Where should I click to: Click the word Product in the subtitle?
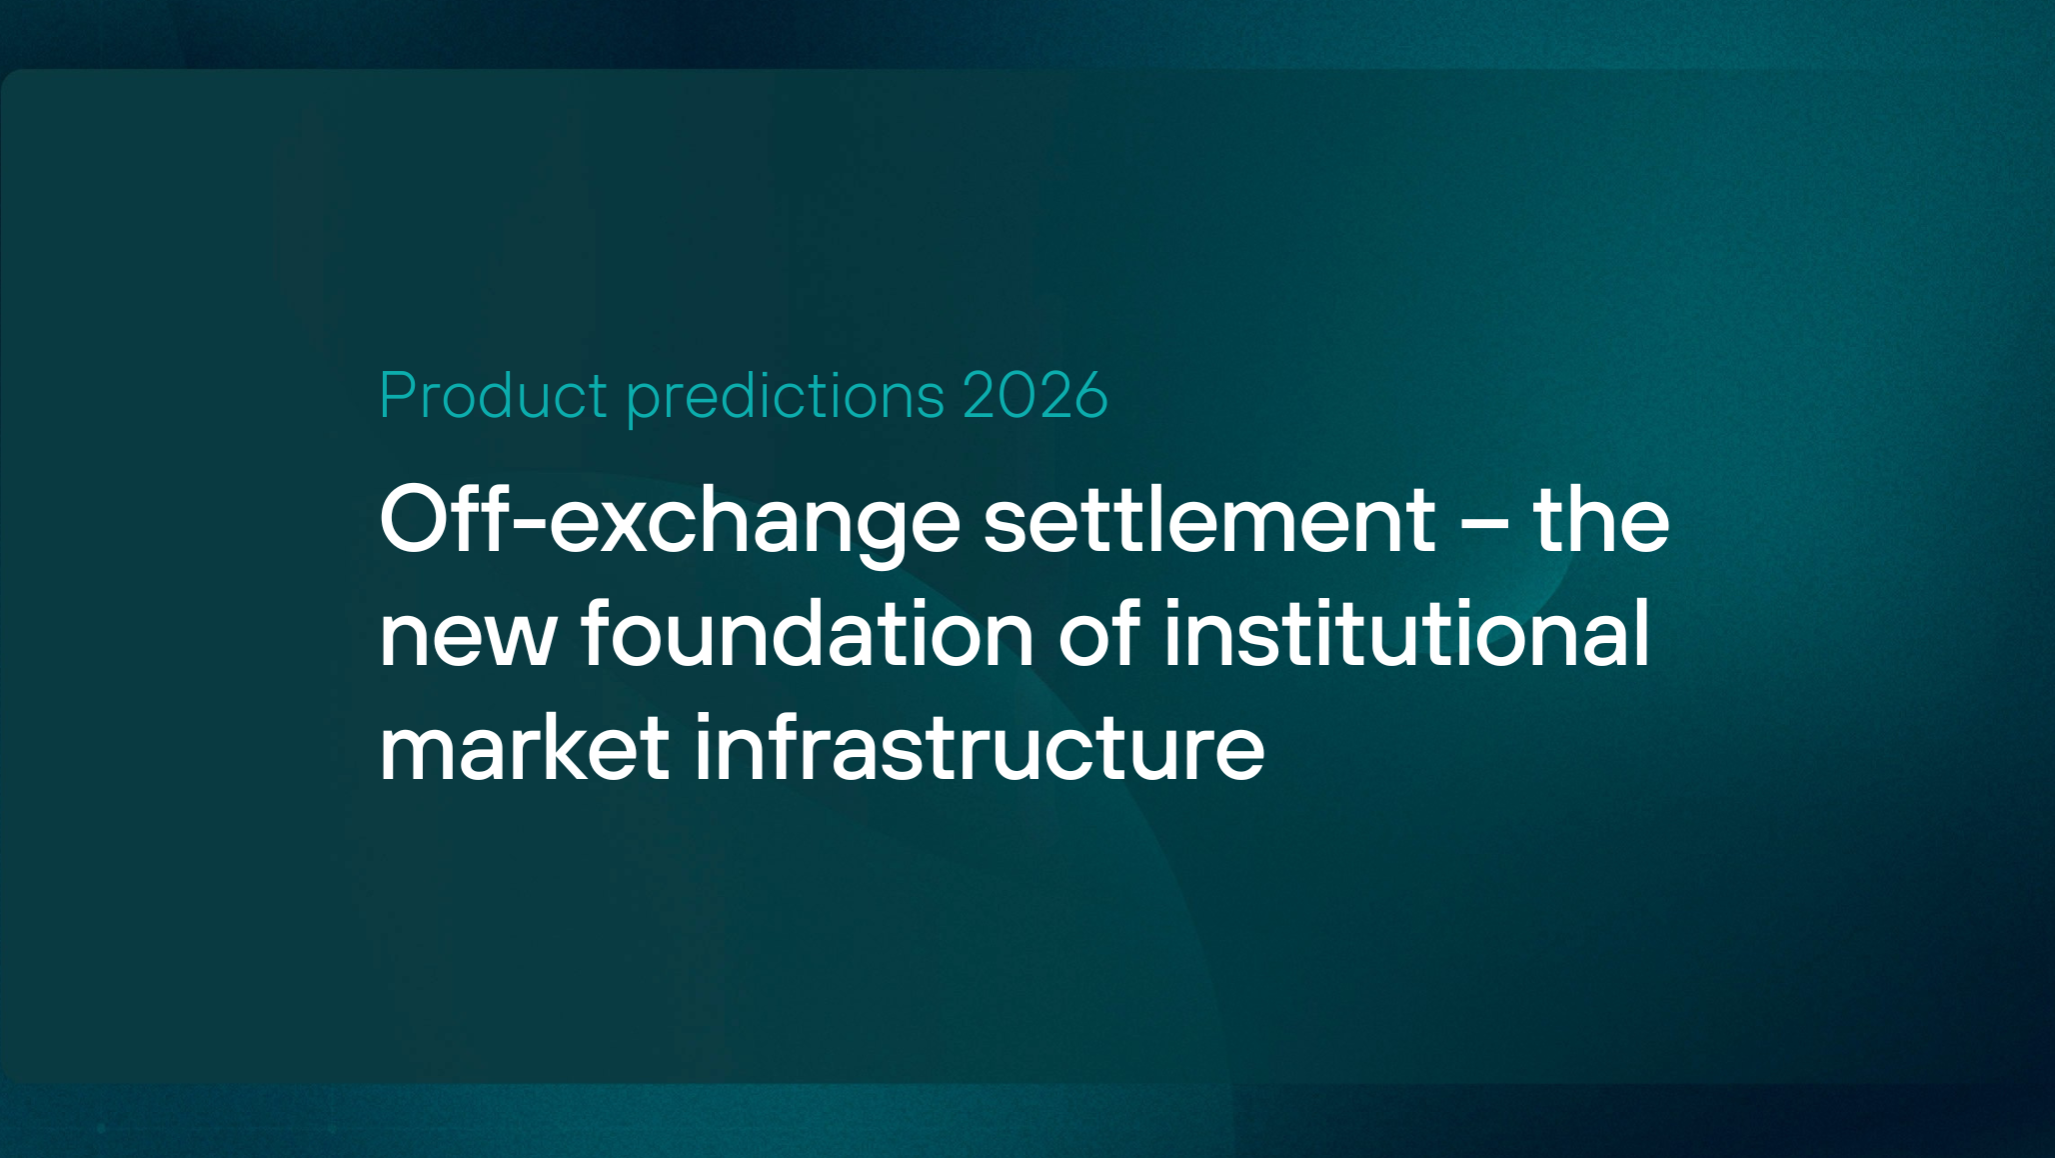click(x=493, y=395)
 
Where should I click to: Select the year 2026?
click(x=1035, y=395)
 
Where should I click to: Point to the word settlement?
click(x=1209, y=520)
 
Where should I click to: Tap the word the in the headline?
click(x=1601, y=520)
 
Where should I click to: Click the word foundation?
click(x=808, y=634)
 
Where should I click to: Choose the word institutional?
click(x=1406, y=634)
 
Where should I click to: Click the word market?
click(x=524, y=747)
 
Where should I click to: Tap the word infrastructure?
click(x=980, y=747)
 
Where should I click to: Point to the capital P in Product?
click(x=397, y=395)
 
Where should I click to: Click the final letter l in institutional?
click(x=1641, y=632)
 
